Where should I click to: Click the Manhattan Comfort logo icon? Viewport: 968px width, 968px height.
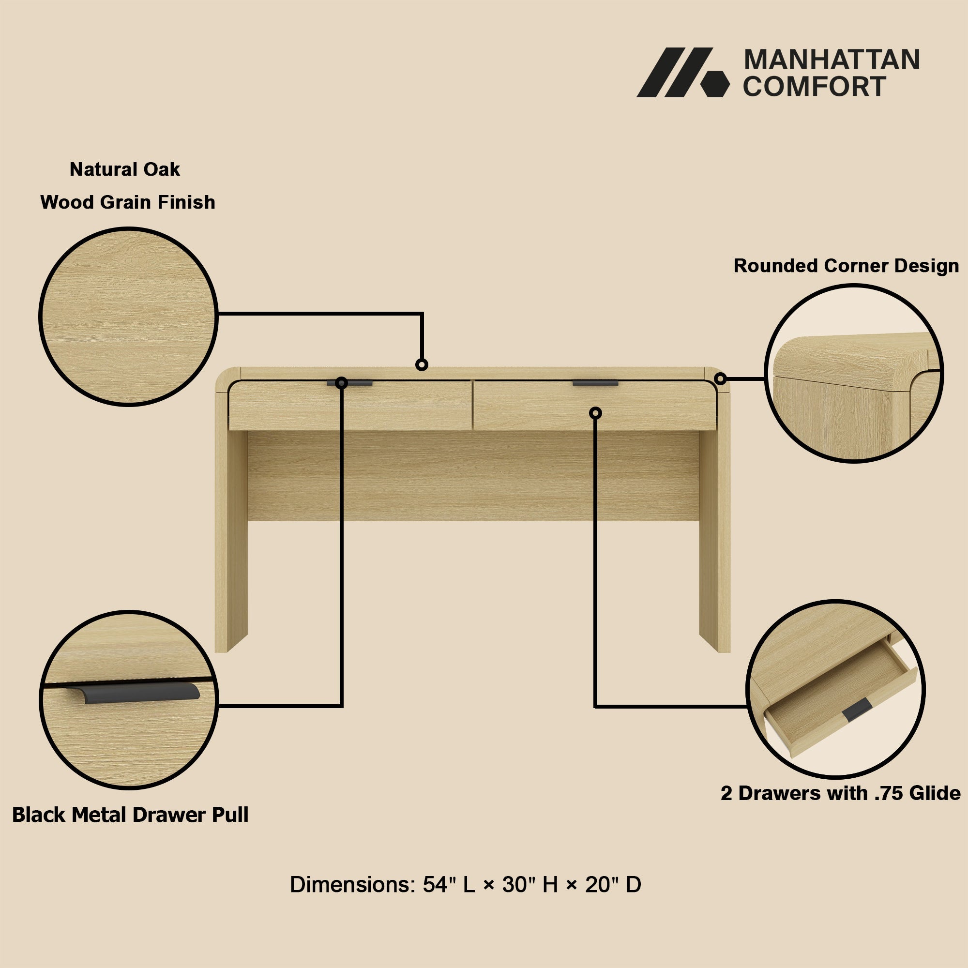682,72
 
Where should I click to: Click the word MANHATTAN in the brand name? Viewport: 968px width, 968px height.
832,60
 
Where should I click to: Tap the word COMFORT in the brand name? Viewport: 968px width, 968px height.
814,87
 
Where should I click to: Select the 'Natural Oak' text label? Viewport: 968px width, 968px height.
125,169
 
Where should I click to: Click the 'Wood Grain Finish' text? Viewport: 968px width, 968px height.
128,202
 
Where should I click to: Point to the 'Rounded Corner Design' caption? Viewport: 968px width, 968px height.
846,266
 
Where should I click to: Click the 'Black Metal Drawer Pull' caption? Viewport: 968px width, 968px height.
130,815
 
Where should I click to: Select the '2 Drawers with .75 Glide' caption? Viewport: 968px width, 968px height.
841,793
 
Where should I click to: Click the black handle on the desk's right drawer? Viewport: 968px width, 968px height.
595,383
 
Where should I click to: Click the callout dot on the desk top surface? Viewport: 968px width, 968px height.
422,364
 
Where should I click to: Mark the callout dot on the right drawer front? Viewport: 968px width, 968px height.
595,413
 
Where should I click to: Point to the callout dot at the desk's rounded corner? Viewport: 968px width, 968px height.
721,379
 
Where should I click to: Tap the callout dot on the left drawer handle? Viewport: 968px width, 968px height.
341,383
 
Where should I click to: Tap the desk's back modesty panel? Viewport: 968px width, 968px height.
473,476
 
